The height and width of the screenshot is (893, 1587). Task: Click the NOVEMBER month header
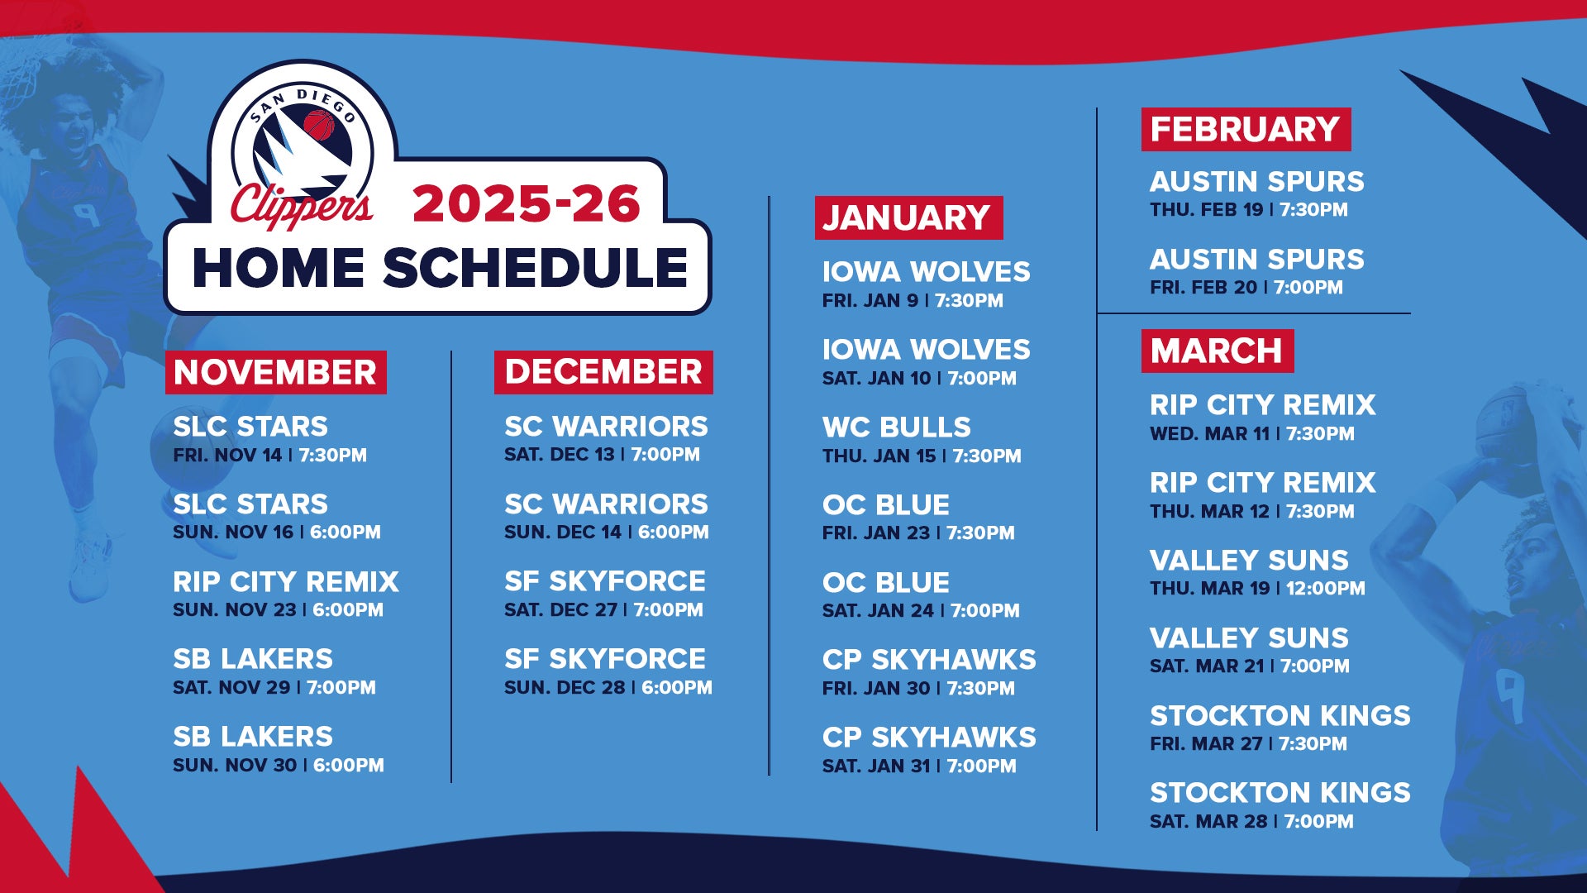pyautogui.click(x=275, y=372)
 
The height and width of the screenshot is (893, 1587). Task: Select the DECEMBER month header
pyautogui.click(x=603, y=372)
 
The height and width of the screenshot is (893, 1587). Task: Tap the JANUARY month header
pyautogui.click(x=908, y=217)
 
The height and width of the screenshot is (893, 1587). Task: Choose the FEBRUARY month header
pyautogui.click(x=1246, y=129)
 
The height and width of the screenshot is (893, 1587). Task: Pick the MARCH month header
pyautogui.click(x=1218, y=351)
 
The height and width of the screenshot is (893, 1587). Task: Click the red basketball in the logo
pyautogui.click(x=319, y=126)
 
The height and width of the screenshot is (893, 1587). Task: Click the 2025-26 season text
pyautogui.click(x=527, y=203)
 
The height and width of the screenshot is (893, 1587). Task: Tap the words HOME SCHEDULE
pyautogui.click(x=441, y=268)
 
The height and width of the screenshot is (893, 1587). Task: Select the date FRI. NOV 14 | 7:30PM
pyautogui.click(x=269, y=455)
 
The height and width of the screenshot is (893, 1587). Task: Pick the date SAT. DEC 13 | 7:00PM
pyautogui.click(x=602, y=454)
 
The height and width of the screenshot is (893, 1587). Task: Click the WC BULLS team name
pyautogui.click(x=897, y=427)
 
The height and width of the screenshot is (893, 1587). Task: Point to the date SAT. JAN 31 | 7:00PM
pyautogui.click(x=919, y=766)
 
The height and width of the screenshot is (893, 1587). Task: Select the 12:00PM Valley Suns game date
pyautogui.click(x=1257, y=588)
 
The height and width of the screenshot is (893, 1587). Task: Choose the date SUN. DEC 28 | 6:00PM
pyautogui.click(x=608, y=687)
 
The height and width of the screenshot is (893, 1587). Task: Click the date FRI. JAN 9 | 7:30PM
pyautogui.click(x=913, y=300)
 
